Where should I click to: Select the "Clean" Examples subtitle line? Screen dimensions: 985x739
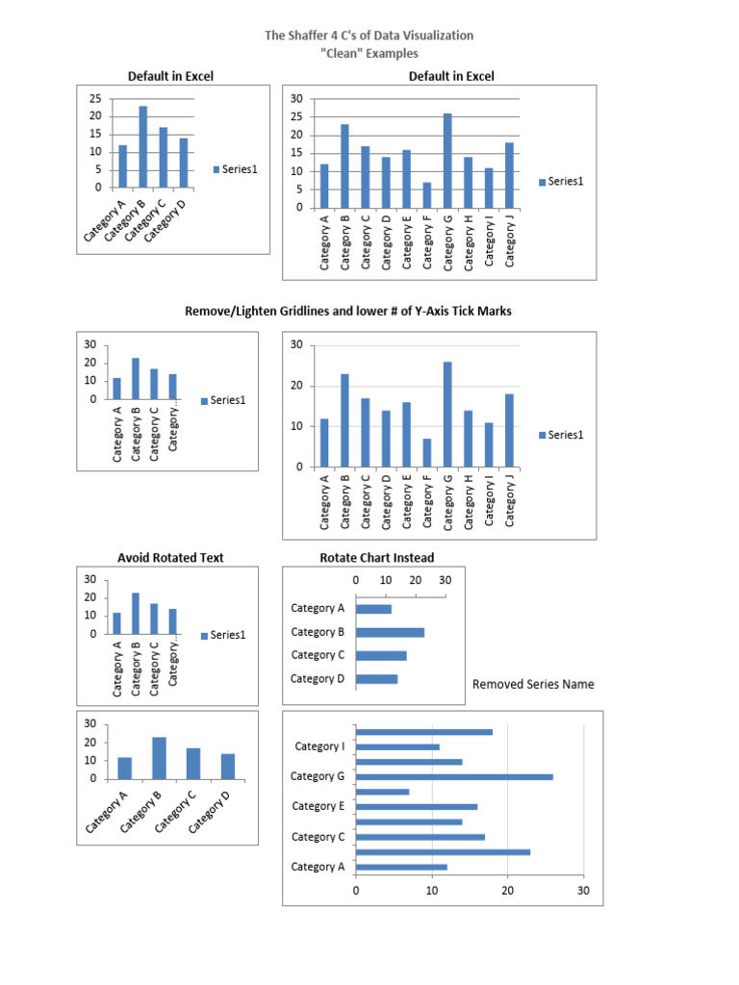(x=369, y=54)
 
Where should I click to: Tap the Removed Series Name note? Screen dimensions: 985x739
(x=533, y=685)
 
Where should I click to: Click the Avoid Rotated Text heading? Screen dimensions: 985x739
(x=170, y=558)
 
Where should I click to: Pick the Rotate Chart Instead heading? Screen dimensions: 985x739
(x=376, y=558)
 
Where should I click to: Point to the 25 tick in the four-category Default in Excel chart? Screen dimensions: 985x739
(x=94, y=99)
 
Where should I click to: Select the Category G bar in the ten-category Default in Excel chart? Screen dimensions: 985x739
(x=447, y=160)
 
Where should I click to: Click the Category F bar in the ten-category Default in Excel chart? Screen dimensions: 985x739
(x=426, y=194)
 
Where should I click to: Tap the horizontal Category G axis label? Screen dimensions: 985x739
(x=319, y=776)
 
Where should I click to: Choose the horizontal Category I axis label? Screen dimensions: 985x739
(x=319, y=746)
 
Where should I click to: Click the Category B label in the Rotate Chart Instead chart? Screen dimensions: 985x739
(x=318, y=632)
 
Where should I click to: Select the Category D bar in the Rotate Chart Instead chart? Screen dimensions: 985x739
(x=376, y=679)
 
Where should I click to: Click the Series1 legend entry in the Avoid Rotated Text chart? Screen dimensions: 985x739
(x=223, y=635)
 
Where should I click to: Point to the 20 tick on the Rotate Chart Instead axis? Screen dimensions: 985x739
(x=415, y=580)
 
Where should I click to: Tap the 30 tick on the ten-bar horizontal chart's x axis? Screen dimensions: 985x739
(x=583, y=892)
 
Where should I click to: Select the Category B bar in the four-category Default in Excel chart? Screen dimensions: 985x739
(x=143, y=146)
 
